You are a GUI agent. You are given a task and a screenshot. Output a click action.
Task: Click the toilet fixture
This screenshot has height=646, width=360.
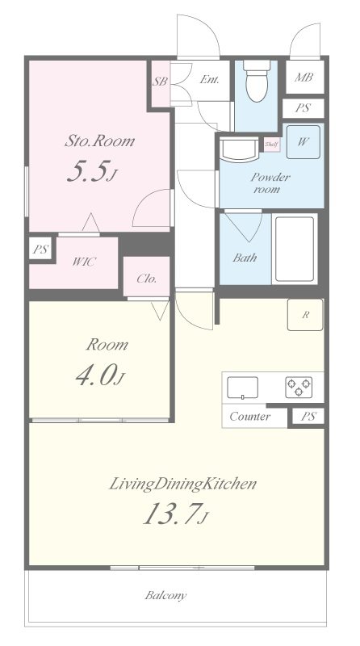point(257,80)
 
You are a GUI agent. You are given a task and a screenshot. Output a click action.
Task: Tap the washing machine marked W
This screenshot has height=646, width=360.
point(303,142)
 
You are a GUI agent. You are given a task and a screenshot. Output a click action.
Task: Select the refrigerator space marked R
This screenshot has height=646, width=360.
point(305,315)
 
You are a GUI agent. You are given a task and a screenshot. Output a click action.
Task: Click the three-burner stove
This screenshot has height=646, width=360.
point(299,388)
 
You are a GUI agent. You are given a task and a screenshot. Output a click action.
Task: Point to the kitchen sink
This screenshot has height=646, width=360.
point(243,388)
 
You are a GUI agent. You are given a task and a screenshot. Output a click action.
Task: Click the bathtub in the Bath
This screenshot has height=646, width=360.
point(295,249)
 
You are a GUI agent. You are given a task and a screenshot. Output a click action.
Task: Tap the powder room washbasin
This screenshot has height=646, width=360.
point(238,149)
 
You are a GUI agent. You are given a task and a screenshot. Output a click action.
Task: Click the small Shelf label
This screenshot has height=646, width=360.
point(272,145)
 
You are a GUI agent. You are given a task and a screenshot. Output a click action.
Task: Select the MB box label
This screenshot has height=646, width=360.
point(304,77)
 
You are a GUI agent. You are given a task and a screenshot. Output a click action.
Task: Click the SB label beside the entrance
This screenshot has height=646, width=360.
point(160,82)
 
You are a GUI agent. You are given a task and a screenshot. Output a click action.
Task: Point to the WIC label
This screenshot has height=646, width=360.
point(84,262)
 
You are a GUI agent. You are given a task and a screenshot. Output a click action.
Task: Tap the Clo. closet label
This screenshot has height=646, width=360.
point(147,279)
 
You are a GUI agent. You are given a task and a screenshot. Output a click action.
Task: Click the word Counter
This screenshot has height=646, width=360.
point(250,417)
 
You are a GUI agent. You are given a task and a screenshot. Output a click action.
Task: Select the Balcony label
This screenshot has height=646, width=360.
point(165,595)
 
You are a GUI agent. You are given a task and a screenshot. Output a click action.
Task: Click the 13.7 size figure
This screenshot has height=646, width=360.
point(170,514)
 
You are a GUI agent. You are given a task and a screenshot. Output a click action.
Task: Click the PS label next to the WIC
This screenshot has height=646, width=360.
point(41,250)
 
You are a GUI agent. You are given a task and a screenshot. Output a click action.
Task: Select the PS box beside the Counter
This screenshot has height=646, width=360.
point(308,417)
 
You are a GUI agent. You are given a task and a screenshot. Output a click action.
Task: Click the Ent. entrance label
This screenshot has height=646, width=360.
point(209,79)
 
